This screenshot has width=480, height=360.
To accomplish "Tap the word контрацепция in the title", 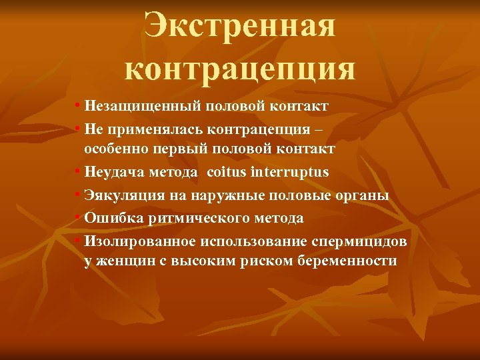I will click(x=240, y=69).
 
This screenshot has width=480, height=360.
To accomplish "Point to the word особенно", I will click(x=115, y=149).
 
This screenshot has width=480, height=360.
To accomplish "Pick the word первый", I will click(x=177, y=149).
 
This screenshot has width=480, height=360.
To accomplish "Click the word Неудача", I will click(x=113, y=172).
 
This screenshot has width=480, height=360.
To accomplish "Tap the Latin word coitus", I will click(x=227, y=172).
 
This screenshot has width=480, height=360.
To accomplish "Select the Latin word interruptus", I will click(x=289, y=172).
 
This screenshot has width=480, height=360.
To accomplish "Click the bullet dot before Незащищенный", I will click(x=79, y=107).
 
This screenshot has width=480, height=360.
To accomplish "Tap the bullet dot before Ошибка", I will click(x=79, y=218).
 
